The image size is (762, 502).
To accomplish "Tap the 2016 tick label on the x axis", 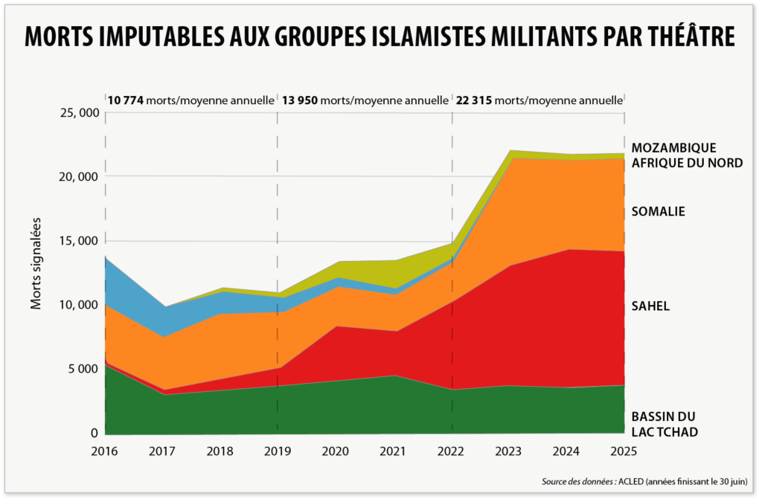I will click(x=105, y=451).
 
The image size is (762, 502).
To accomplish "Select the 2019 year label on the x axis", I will click(x=278, y=451).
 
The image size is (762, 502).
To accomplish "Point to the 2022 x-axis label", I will click(x=451, y=451).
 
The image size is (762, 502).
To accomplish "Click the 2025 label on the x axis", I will click(x=624, y=451).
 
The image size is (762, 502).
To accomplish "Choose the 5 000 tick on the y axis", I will click(x=81, y=369).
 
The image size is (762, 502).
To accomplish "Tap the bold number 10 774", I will click(x=126, y=99).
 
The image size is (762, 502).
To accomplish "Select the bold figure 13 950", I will click(x=299, y=99).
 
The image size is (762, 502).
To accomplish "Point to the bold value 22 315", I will click(x=474, y=99).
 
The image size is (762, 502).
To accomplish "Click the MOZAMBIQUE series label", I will click(x=673, y=147).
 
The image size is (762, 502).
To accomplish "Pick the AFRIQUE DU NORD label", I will click(x=687, y=162).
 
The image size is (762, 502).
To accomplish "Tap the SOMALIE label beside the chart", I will click(x=658, y=212).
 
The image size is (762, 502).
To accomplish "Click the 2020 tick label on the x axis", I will click(x=336, y=451).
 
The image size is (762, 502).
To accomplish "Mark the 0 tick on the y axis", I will click(x=95, y=433).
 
